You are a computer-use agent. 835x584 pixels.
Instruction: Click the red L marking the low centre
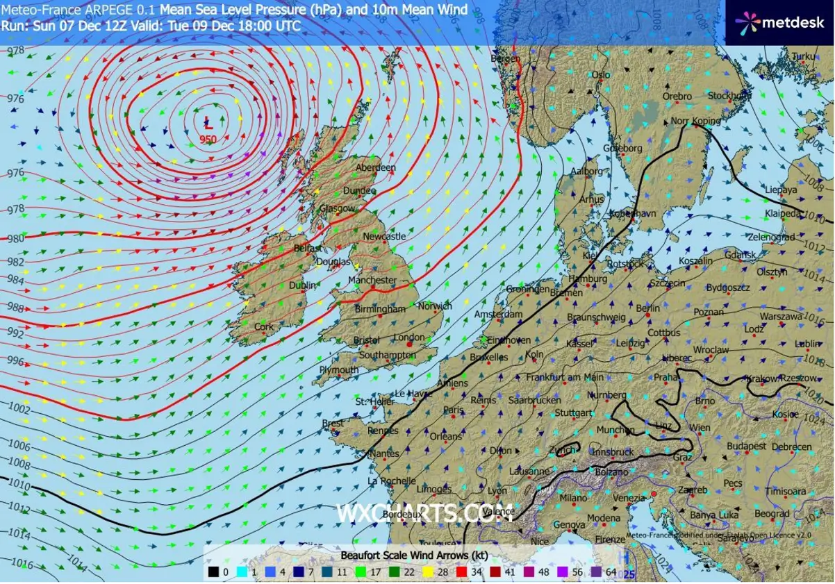(x=208, y=124)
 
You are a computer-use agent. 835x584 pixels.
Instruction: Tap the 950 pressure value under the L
(x=208, y=140)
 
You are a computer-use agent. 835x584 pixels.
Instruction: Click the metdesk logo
(x=780, y=22)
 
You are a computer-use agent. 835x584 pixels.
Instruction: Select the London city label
(x=409, y=337)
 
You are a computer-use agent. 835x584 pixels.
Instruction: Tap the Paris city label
(x=453, y=410)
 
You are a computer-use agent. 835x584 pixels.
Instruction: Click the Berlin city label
(x=647, y=308)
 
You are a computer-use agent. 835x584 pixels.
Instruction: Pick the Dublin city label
(x=302, y=285)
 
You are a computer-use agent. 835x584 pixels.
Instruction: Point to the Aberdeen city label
(x=375, y=167)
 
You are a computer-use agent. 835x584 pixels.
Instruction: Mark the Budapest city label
(x=747, y=446)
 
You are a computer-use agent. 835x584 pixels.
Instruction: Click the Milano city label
(x=573, y=498)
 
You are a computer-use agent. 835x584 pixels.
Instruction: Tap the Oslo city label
(x=600, y=75)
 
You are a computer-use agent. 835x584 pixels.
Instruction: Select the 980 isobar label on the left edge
(x=15, y=238)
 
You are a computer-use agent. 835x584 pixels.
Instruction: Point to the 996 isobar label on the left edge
(x=16, y=361)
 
